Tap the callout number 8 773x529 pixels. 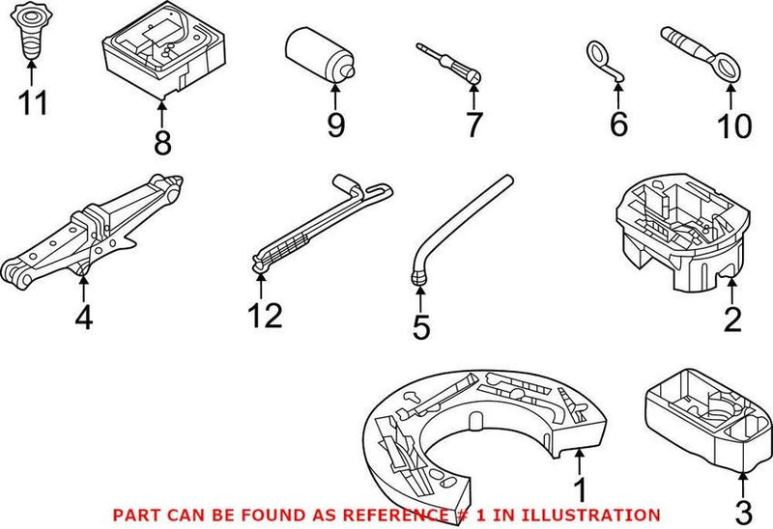[161, 143]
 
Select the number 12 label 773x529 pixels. [263, 316]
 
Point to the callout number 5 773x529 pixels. [420, 327]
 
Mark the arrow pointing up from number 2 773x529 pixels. [731, 290]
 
